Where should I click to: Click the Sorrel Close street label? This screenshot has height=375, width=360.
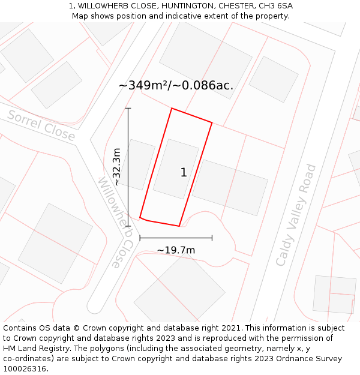click(41, 126)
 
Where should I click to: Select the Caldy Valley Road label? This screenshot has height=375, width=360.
click(295, 215)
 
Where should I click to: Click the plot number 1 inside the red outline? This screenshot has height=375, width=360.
click(184, 173)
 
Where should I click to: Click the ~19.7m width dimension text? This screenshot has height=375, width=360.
click(176, 250)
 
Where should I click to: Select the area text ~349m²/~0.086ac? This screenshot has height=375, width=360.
click(176, 86)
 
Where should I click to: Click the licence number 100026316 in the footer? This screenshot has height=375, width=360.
click(24, 369)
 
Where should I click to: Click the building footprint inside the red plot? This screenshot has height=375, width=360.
click(175, 169)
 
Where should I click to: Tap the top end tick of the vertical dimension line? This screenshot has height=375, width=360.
click(128, 108)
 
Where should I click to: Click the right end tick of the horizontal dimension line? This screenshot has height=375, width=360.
click(212, 238)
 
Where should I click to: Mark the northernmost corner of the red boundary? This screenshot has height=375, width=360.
click(172, 109)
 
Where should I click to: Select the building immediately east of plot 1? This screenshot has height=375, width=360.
click(229, 187)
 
